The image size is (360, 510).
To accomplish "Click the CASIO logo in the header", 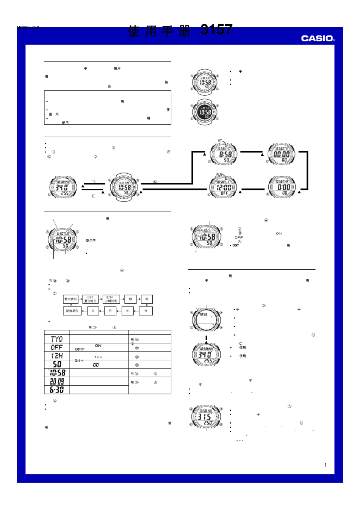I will point(318,38).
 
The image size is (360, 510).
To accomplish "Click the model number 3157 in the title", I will point(216,30).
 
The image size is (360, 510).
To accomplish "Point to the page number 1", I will point(325,465).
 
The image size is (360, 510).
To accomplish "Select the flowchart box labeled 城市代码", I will point(70,299).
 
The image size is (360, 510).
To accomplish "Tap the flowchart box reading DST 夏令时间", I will point(91,299).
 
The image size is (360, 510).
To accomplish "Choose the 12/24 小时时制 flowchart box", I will point(111,299).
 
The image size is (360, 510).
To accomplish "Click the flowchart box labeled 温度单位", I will point(72,311).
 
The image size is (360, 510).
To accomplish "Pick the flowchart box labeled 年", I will point(127,311).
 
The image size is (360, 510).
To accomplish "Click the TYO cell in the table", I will point(57,339).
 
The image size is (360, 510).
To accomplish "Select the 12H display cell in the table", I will point(57,356).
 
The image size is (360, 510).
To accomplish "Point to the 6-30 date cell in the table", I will point(57,390).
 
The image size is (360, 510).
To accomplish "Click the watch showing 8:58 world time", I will point(224,154).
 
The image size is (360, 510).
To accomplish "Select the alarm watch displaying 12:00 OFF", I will point(224,187).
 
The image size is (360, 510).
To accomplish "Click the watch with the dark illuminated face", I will point(205,112).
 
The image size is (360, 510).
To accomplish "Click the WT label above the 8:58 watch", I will point(220,141).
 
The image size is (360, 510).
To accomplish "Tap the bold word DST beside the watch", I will point(236,245).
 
